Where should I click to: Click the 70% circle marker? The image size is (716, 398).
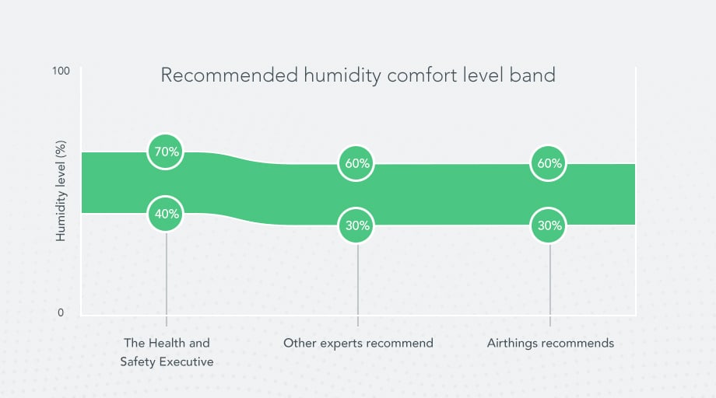(167, 152)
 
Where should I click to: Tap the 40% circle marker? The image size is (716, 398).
(167, 213)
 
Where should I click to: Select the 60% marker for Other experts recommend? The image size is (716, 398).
(358, 163)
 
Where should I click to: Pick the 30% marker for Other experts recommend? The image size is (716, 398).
(358, 225)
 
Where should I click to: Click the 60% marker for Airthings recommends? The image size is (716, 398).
(549, 163)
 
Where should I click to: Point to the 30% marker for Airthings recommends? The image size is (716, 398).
(549, 225)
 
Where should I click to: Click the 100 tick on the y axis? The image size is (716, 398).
(61, 71)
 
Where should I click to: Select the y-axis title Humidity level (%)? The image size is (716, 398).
(61, 190)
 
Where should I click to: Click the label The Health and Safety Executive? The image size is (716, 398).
(167, 351)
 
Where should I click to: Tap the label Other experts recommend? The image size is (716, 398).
(358, 343)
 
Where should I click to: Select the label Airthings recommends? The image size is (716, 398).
(550, 343)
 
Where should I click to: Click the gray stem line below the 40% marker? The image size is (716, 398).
(167, 272)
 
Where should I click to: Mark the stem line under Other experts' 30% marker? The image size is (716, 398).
(358, 280)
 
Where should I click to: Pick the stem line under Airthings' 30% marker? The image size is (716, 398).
(550, 280)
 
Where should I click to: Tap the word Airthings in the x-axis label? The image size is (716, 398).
(513, 343)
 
